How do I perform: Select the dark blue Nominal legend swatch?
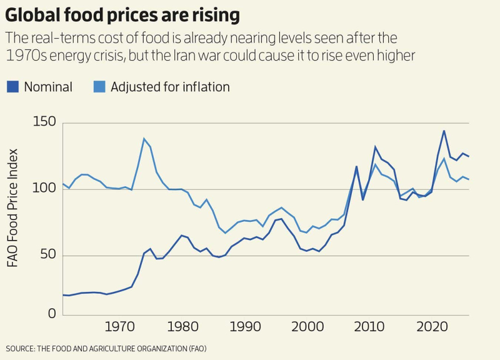pos(12,87)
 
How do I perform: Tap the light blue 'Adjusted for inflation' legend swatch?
pos(99,87)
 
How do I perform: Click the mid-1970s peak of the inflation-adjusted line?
pos(144,139)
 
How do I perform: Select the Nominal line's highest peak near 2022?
pos(444,131)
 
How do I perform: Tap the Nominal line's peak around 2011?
pos(375,147)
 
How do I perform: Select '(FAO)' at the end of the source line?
pos(194,348)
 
